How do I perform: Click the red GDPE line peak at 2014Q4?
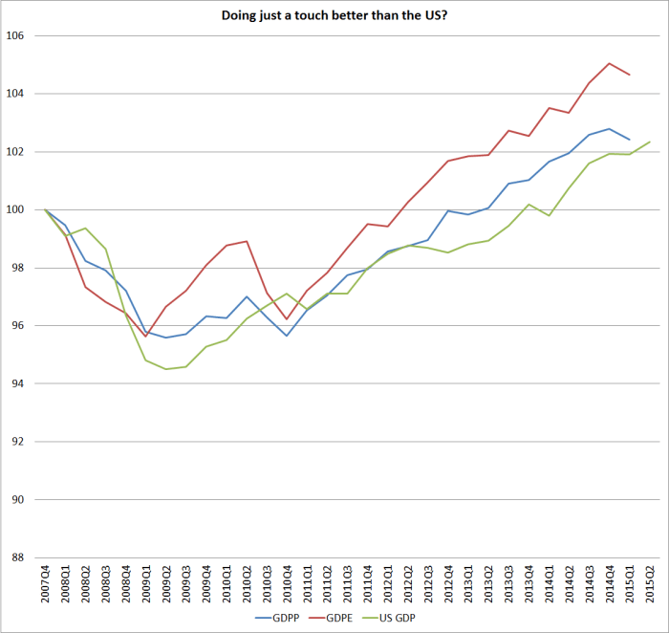(609, 63)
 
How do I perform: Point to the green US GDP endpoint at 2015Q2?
(649, 142)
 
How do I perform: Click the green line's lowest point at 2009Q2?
(165, 369)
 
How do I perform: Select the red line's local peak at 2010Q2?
(247, 241)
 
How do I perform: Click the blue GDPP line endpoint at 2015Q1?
(629, 140)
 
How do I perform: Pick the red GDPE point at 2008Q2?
(85, 287)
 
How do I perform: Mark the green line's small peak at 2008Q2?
(85, 229)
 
